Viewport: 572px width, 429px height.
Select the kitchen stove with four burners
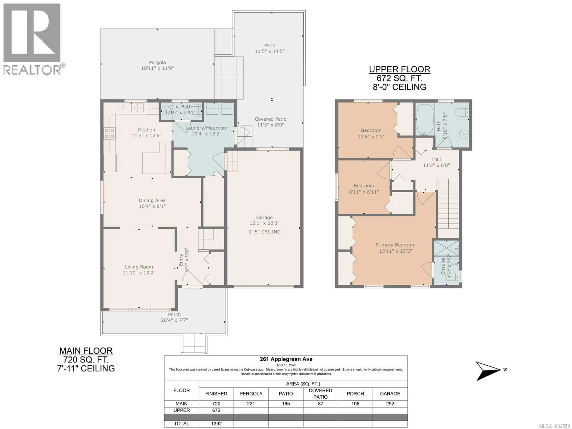tap(109, 134)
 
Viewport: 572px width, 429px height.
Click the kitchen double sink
tap(137, 107)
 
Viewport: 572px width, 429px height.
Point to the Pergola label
tap(157, 62)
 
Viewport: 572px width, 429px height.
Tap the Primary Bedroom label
tap(395, 245)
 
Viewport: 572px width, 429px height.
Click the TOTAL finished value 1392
tap(216, 424)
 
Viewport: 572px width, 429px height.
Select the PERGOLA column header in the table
tap(251, 394)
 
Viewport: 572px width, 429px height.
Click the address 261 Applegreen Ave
tap(286, 359)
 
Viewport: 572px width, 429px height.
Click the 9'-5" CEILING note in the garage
tap(264, 232)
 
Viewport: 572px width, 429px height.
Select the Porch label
tap(174, 314)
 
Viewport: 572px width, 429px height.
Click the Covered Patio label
tap(271, 119)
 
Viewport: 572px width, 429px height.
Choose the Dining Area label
tap(152, 200)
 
